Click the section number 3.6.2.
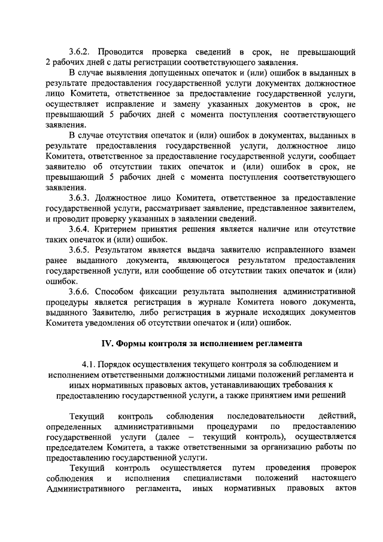click(81, 51)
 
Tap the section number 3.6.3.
click(81, 197)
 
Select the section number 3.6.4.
click(81, 229)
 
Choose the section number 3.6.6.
click(81, 292)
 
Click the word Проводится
click(124, 51)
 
